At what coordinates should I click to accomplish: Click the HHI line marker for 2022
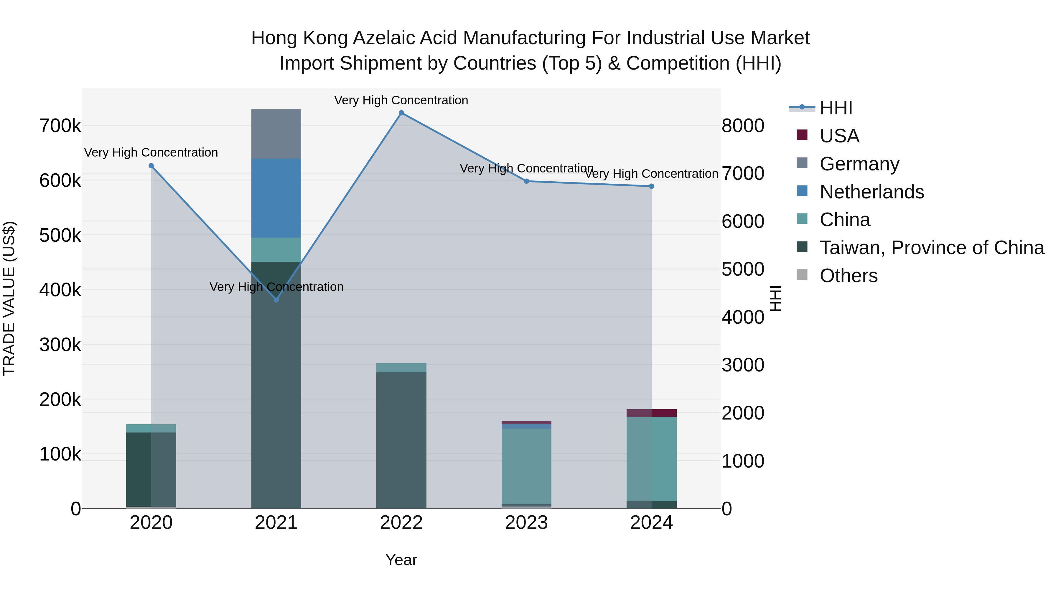coord(401,113)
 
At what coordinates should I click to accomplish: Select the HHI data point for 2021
coord(276,300)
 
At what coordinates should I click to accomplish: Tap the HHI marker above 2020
coord(151,166)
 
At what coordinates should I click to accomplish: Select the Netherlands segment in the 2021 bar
coord(276,198)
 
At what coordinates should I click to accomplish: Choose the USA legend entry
coord(839,136)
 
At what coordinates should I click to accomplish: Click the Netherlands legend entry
coord(871,192)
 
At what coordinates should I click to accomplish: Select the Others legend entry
coord(849,276)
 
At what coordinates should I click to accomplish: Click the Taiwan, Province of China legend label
coord(932,248)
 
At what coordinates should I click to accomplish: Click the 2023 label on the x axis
coord(526,523)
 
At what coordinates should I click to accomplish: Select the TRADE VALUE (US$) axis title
coord(9,298)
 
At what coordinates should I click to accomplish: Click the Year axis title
coord(401,560)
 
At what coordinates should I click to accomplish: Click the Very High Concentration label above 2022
coord(401,100)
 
